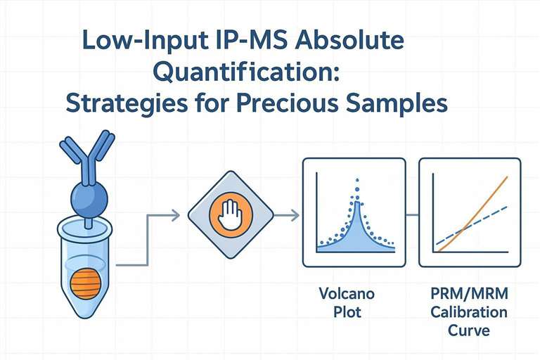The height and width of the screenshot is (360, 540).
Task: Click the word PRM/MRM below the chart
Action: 470,292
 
